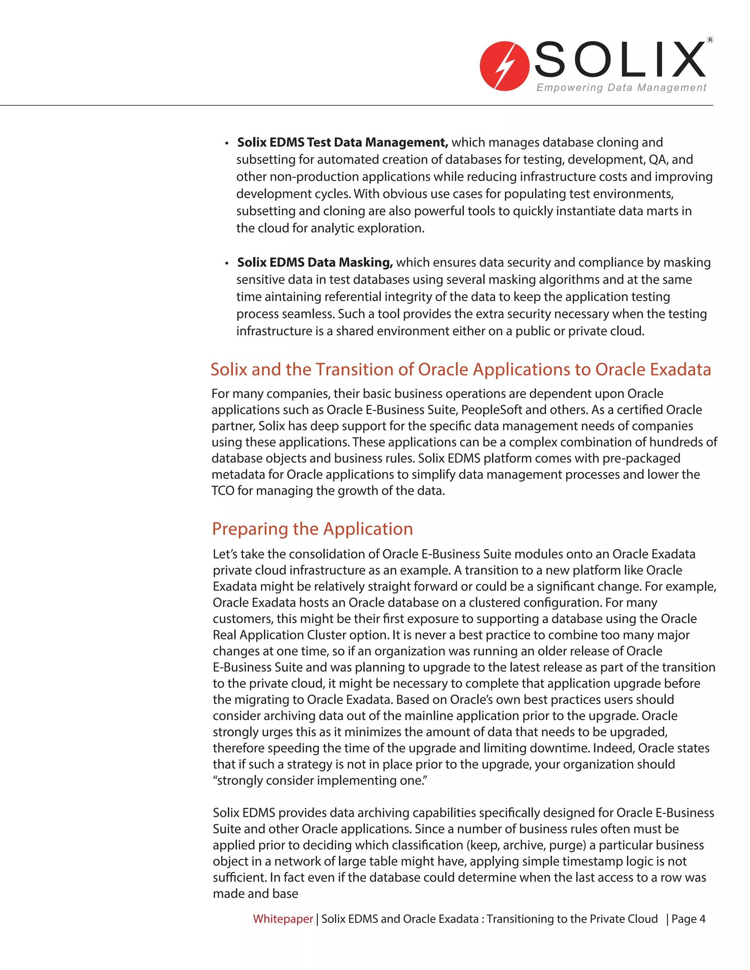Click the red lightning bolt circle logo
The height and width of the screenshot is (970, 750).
504,66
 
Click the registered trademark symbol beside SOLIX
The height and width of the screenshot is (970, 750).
710,40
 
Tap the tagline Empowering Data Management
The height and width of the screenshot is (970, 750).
621,87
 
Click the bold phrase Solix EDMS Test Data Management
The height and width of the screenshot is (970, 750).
342,142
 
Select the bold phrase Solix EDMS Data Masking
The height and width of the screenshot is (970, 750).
315,262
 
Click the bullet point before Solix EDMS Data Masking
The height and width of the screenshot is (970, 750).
227,264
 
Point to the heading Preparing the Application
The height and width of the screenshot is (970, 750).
312,529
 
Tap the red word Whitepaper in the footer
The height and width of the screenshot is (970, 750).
283,918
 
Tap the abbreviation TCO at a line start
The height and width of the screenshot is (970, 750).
223,490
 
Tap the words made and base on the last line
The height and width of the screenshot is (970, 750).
256,893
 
